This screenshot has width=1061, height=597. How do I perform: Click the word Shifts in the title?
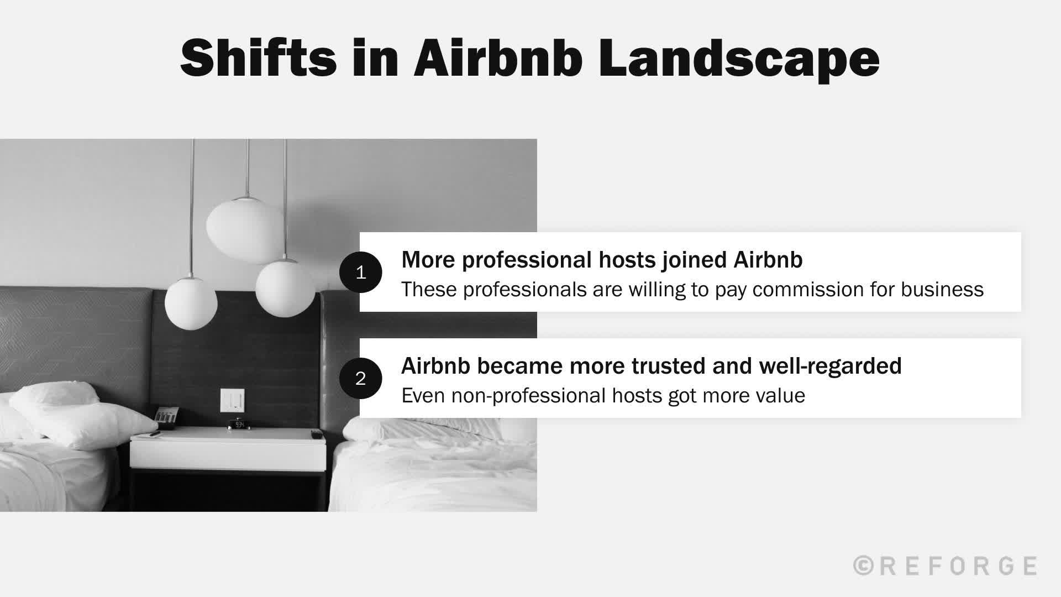258,59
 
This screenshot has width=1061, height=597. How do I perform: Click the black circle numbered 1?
360,272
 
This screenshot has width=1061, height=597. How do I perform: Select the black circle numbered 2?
360,378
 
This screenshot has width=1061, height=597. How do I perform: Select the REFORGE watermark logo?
945,566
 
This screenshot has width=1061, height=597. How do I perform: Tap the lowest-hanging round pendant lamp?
191,304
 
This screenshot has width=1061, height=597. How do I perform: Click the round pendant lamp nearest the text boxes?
285,287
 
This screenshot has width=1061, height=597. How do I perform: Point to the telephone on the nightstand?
166,417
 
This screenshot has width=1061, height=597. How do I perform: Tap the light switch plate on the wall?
232,400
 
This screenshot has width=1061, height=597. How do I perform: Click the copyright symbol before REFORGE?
863,566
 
